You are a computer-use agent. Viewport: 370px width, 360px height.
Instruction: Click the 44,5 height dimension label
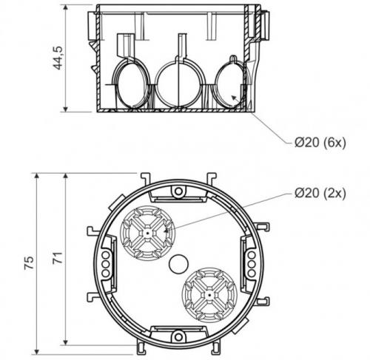click(x=58, y=58)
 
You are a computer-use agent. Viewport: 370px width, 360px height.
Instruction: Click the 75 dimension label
click(x=30, y=263)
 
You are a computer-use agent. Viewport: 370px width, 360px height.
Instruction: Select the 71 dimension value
click(x=58, y=258)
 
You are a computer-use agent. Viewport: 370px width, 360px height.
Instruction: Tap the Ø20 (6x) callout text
click(x=320, y=142)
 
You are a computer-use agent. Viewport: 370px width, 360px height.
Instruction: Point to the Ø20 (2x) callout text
click(x=320, y=193)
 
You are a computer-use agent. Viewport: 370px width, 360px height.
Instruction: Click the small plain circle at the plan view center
click(x=178, y=264)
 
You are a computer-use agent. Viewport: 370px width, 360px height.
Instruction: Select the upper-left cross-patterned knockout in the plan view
click(x=147, y=233)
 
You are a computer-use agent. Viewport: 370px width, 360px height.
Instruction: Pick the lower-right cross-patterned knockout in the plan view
click(x=209, y=295)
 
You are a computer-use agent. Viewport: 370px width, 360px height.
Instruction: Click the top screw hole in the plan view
click(x=178, y=191)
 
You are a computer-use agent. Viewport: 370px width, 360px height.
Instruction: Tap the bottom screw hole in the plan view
click(x=178, y=336)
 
